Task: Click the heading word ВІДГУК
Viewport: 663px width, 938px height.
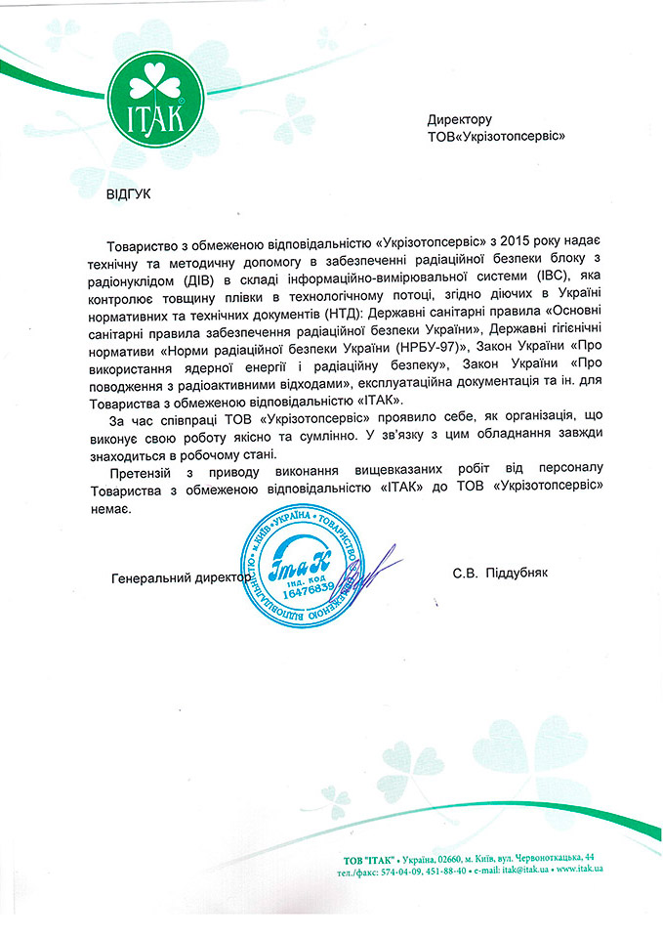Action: [129, 193]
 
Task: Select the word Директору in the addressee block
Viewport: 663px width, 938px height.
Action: [458, 120]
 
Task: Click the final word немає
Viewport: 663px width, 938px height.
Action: [107, 507]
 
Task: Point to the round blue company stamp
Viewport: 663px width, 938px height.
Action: [304, 576]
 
